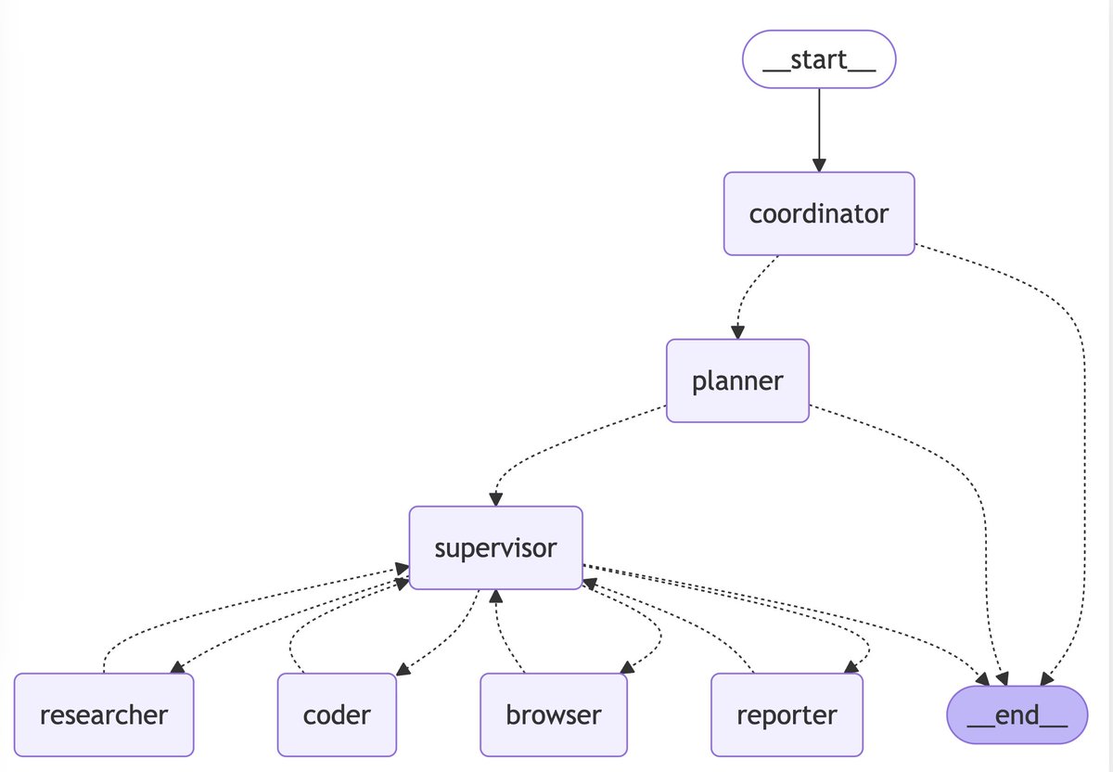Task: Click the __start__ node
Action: [x=819, y=60]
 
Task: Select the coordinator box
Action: [x=819, y=213]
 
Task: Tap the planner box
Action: [x=737, y=380]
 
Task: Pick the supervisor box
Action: [x=495, y=547]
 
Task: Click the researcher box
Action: [x=104, y=714]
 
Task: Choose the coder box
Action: [x=337, y=714]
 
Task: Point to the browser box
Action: [x=554, y=714]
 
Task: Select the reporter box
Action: [x=787, y=714]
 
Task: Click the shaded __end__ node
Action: [x=1017, y=714]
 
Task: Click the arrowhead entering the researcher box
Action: [x=177, y=667]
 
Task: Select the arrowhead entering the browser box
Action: [x=627, y=667]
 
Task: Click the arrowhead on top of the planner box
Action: [x=738, y=332]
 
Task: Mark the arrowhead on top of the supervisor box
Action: [x=495, y=499]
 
